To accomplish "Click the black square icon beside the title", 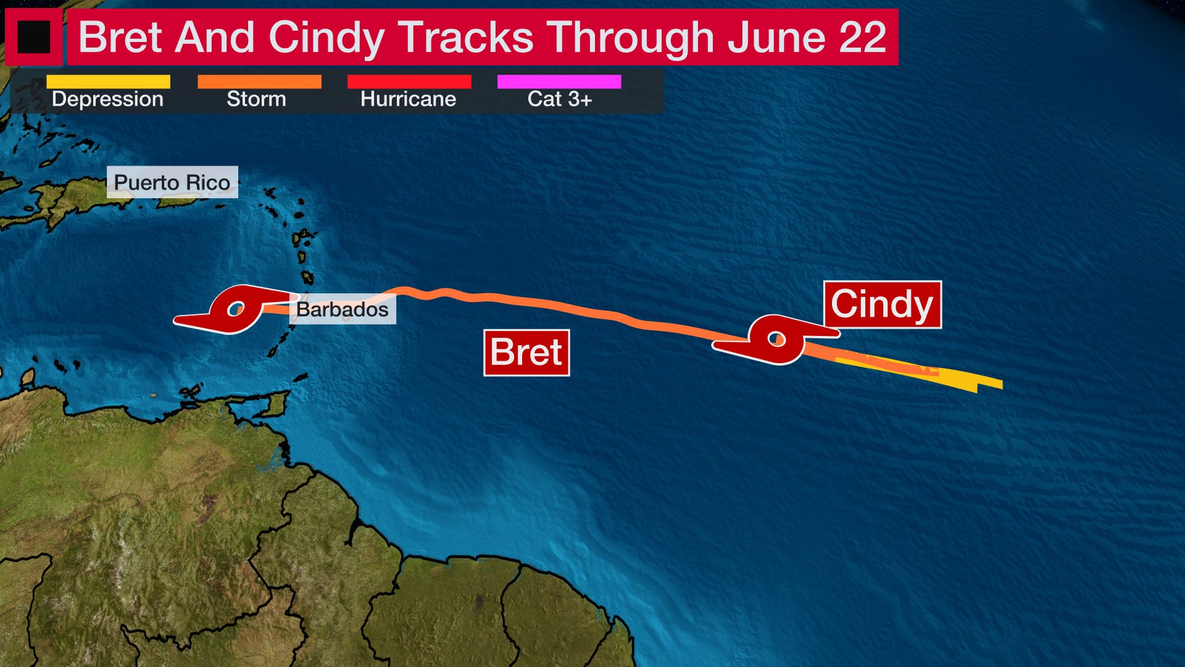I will pos(33,37).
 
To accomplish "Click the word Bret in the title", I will pos(120,37).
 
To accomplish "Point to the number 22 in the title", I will pos(862,37).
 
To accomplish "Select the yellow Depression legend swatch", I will pos(108,82).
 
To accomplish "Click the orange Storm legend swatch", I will pos(259,82).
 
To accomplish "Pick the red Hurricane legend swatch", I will pos(409,82).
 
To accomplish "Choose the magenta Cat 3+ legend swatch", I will pos(559,82).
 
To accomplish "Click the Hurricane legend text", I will pos(408,99).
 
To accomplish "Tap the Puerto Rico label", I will pos(172,182).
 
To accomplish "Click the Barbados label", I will pos(343,309).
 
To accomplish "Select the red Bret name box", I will pos(526,353).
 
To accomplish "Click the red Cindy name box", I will pos(882,304).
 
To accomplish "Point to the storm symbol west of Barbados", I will pos(235,309).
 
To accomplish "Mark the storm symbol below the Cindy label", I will pos(776,338).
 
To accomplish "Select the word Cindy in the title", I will pos(326,37).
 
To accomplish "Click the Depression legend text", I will pos(107,99).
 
